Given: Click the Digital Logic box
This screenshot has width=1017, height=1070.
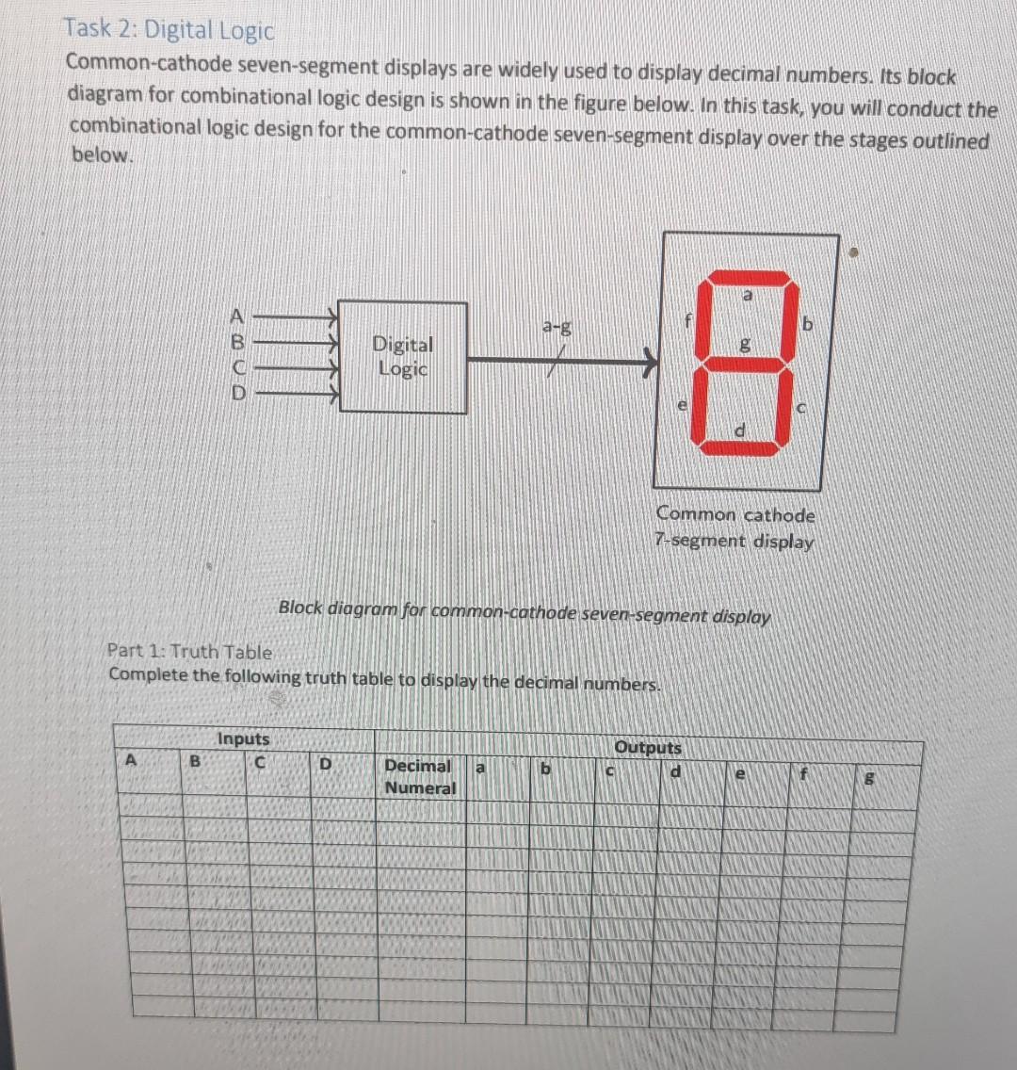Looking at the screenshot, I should coord(402,357).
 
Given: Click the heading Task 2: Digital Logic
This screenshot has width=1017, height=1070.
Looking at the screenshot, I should coord(169,30).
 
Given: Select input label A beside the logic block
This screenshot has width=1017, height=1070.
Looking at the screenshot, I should coord(237,317).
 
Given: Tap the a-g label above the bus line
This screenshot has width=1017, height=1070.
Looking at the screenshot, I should coord(557,327).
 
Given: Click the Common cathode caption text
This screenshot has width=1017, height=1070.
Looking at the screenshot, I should coord(735,515).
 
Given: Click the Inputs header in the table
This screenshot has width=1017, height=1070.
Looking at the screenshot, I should coord(243,739).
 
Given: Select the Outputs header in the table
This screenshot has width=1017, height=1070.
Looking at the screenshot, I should coord(648,748).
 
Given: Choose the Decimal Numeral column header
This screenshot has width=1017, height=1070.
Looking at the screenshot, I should coord(419,777).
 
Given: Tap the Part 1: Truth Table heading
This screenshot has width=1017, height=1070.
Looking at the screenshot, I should coord(190,651).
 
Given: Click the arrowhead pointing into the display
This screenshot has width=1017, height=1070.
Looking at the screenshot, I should coord(649,359).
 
